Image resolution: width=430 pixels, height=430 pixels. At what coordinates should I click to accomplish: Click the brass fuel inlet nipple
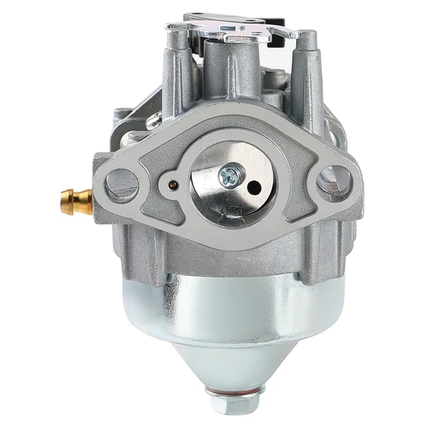(x=75, y=202)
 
